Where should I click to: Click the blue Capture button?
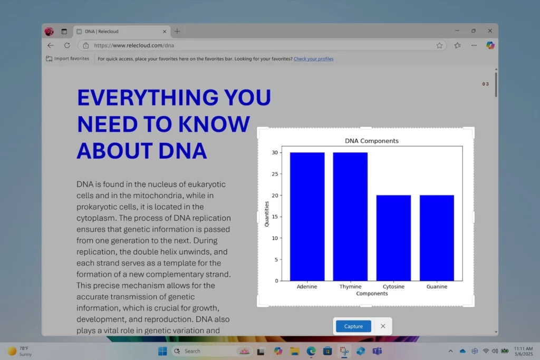353,326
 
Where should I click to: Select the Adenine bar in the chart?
307,217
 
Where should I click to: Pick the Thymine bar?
350,217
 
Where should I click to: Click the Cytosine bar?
393,238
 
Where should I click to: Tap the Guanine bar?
437,238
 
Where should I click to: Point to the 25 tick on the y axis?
275,174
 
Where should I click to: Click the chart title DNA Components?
372,141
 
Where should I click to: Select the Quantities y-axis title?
266,213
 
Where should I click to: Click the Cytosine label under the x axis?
393,286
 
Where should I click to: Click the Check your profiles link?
313,59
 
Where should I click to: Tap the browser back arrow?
51,45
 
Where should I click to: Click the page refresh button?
67,45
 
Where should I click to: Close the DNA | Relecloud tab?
165,31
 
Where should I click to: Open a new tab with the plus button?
177,31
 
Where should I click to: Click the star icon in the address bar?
439,45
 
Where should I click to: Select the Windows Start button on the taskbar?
162,351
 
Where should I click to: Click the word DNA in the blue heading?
183,151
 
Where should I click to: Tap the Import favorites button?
67,59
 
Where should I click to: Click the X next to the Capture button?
383,326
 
